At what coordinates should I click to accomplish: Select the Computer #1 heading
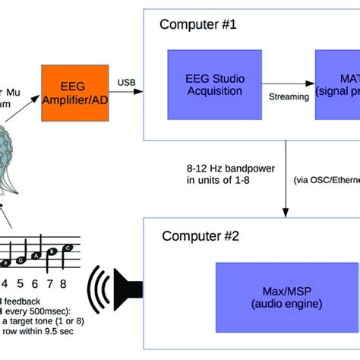pos(198,24)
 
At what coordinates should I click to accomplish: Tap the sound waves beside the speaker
pos(100,289)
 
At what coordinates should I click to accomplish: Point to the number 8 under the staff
pos(62,284)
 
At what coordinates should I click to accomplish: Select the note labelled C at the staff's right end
pos(67,248)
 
